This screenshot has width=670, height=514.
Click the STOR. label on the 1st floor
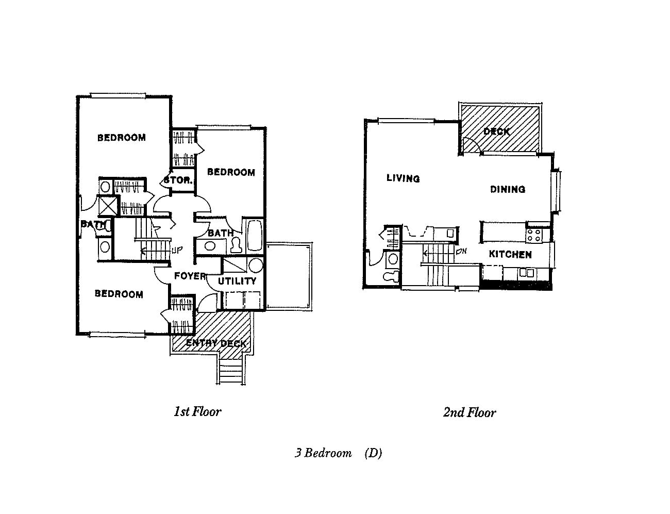pos(178,181)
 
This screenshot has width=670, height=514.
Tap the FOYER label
pos(190,276)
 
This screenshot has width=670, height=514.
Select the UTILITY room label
pos(237,281)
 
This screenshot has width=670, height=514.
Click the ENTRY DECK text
pos(216,343)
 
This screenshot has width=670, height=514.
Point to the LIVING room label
pos(403,178)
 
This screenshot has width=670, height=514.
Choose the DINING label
pos(507,189)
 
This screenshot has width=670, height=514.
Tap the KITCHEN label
pos(510,254)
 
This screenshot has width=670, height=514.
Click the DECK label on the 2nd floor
pos(496,131)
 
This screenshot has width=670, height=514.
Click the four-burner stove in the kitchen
pos(533,235)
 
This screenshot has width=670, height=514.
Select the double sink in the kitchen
pos(526,272)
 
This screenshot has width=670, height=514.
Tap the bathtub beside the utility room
pos(255,236)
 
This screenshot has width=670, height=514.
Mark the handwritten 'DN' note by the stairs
pos(461,252)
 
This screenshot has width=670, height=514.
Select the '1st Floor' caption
pos(197,411)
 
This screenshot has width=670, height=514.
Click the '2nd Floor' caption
pos(469,412)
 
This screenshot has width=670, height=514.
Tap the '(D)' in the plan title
pos(373,453)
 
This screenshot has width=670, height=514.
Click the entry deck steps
pos(230,371)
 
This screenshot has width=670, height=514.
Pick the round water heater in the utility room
pos(255,266)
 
